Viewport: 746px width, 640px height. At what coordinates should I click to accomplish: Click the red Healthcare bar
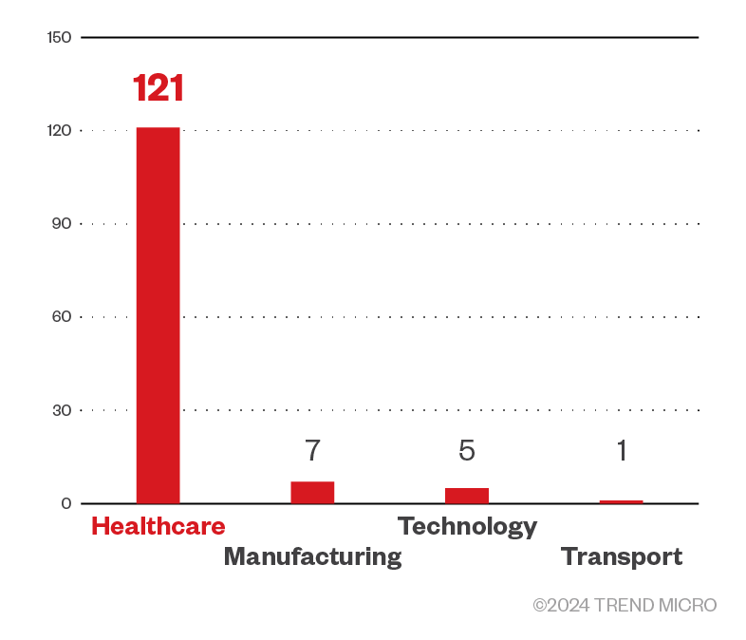(x=158, y=315)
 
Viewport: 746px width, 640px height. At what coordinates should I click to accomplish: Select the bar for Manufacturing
(x=312, y=492)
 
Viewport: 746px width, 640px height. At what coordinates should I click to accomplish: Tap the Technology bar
(x=467, y=495)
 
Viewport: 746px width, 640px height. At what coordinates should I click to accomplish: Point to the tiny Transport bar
(x=621, y=501)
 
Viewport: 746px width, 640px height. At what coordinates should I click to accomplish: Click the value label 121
(x=158, y=88)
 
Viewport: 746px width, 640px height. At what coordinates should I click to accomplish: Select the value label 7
(x=312, y=450)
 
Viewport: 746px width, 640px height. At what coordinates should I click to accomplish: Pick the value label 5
(x=467, y=450)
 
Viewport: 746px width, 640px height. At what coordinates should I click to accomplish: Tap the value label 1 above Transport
(x=621, y=450)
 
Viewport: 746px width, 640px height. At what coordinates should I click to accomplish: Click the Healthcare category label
(x=159, y=526)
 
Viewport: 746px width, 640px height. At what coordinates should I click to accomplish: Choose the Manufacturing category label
(x=312, y=556)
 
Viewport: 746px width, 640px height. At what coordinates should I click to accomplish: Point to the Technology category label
(x=467, y=526)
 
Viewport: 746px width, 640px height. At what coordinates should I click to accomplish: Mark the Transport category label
(x=621, y=556)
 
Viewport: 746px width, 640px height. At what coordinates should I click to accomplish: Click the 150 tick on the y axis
(x=59, y=37)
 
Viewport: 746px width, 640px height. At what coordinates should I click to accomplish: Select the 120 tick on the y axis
(x=59, y=130)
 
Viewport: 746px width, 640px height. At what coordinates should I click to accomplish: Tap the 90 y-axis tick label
(x=62, y=223)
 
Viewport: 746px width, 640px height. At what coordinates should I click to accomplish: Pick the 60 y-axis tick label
(x=62, y=316)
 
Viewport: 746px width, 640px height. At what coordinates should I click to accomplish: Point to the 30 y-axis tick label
(x=62, y=410)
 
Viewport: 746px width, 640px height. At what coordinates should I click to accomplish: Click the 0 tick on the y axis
(x=66, y=503)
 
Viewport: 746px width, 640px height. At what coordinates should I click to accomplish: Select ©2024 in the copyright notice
(x=559, y=605)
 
